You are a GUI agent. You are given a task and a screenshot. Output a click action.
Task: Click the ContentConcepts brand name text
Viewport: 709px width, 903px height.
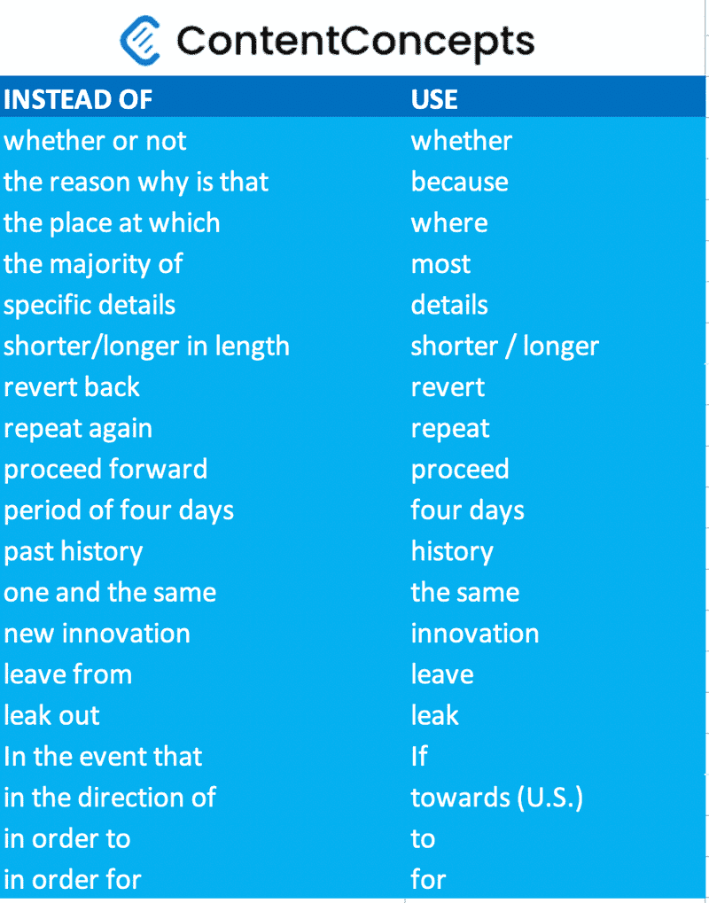pyautogui.click(x=355, y=40)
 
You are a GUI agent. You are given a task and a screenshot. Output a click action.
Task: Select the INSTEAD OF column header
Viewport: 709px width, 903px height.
pyautogui.click(x=78, y=99)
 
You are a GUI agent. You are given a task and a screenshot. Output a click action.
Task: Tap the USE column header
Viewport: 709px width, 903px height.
pyautogui.click(x=434, y=99)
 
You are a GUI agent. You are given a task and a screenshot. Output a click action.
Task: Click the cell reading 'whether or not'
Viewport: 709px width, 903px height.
pyautogui.click(x=95, y=141)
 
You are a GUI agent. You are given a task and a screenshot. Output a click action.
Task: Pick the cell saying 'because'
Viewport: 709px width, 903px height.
pyautogui.click(x=459, y=182)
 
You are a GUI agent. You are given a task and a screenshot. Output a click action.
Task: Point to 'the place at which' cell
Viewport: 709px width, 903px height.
pyautogui.click(x=112, y=222)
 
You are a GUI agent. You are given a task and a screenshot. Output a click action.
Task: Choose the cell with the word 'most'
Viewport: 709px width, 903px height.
pyautogui.click(x=440, y=264)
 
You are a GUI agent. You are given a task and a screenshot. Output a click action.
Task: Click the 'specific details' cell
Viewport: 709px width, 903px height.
pyautogui.click(x=90, y=305)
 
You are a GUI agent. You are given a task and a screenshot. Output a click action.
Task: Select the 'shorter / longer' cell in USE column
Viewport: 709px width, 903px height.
pyautogui.click(x=504, y=346)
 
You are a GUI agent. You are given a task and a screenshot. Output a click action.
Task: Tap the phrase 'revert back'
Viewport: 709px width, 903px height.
pyautogui.click(x=72, y=387)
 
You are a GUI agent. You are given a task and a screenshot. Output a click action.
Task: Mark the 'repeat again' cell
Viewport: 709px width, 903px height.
pyautogui.click(x=78, y=428)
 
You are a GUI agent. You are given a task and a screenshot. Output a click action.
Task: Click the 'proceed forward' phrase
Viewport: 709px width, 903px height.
pyautogui.click(x=105, y=469)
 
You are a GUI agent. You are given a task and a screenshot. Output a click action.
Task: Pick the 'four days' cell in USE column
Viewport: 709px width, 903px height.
pyautogui.click(x=467, y=510)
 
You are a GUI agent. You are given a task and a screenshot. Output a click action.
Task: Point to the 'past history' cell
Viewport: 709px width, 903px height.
pyautogui.click(x=73, y=551)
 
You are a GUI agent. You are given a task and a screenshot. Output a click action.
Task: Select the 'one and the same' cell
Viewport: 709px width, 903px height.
pyautogui.click(x=110, y=592)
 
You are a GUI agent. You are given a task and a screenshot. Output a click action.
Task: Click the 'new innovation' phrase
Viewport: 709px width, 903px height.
pyautogui.click(x=97, y=634)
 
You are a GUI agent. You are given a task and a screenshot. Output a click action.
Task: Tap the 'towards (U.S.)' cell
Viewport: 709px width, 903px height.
pyautogui.click(x=496, y=798)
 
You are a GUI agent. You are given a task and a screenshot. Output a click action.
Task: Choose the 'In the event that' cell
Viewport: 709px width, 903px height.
pyautogui.click(x=103, y=757)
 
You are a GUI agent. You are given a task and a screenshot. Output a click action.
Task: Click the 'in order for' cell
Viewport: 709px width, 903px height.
pyautogui.click(x=72, y=880)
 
